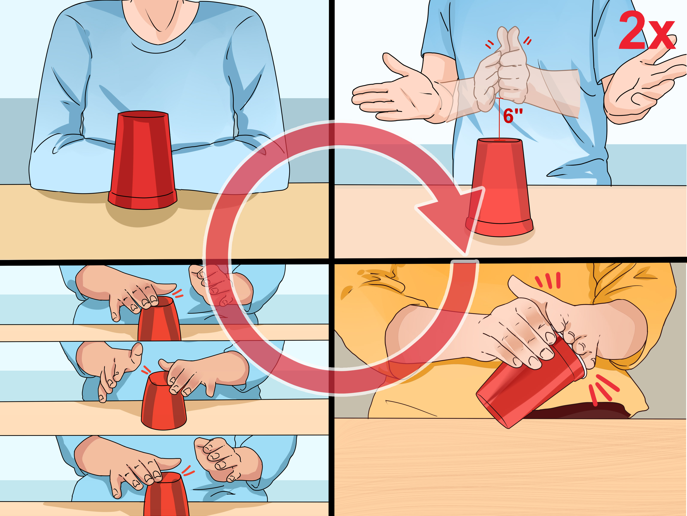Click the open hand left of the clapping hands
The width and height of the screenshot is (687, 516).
(x=394, y=93)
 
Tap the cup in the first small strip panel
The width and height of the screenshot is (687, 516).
(x=159, y=320)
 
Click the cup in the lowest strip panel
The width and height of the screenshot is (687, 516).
(x=166, y=494)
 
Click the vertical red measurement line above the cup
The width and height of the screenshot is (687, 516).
(x=499, y=120)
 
